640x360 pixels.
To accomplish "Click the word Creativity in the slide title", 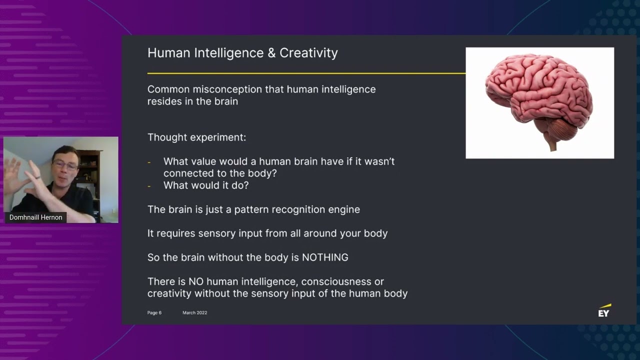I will coord(308,53).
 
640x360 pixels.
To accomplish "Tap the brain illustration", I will coord(539,97).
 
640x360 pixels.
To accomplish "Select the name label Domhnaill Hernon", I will coord(36,217).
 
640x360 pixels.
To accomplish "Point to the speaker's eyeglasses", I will coord(65,166).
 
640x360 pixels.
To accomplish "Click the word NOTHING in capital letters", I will coord(325,257).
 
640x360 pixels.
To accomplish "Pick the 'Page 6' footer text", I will coord(154,313).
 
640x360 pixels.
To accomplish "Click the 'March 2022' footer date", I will coord(194,313).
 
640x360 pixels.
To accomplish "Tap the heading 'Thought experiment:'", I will coord(196,137).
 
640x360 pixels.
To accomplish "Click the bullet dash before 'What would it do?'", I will coord(149,186).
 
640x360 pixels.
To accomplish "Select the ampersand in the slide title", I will coord(271,53).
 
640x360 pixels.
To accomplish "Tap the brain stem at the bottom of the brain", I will coord(552,144).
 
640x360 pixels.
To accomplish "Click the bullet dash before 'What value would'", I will coord(149,162).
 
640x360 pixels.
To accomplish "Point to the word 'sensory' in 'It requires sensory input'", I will coord(218,233).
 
